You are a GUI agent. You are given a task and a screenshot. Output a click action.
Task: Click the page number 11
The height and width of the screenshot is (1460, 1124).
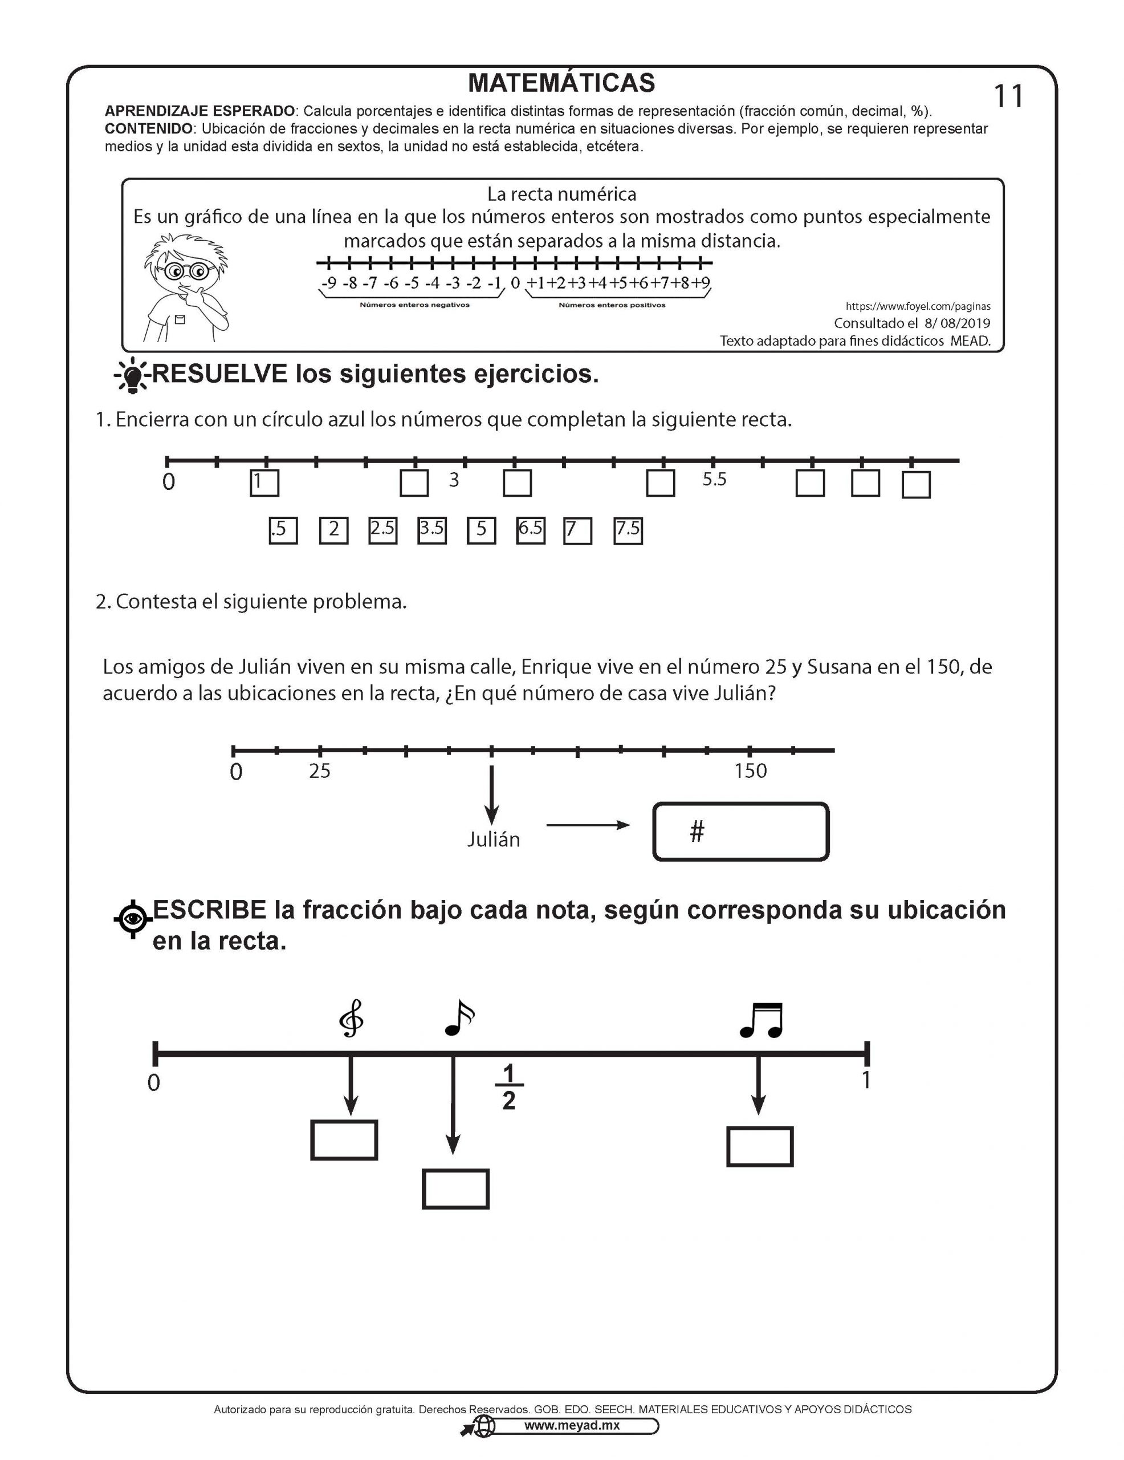pyautogui.click(x=1008, y=97)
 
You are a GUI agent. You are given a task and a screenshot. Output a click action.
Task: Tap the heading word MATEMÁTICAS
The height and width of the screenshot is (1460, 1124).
pyautogui.click(x=561, y=83)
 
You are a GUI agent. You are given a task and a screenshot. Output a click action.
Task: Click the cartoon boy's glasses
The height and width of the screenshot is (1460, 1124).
pyautogui.click(x=186, y=271)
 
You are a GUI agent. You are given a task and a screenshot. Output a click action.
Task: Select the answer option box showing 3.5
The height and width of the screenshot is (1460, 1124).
pyautogui.click(x=431, y=530)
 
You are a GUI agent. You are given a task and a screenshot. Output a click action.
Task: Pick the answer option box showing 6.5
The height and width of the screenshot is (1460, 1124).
pyautogui.click(x=531, y=530)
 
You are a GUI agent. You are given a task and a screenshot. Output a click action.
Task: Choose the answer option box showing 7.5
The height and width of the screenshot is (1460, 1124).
pyautogui.click(x=628, y=531)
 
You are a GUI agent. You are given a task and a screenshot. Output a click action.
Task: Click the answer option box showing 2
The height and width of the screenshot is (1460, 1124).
pyautogui.click(x=333, y=531)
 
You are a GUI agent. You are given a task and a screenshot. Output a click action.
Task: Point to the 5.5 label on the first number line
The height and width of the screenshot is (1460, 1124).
pyautogui.click(x=714, y=479)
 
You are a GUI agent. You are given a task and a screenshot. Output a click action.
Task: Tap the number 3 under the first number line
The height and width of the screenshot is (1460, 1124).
pyautogui.click(x=454, y=480)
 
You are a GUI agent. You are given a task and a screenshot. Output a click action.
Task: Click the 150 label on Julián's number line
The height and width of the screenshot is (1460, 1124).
pyautogui.click(x=751, y=771)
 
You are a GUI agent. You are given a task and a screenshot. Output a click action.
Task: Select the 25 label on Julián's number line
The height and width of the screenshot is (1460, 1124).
pyautogui.click(x=319, y=771)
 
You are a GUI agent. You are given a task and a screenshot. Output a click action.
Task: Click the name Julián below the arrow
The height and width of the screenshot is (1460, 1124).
pyautogui.click(x=493, y=839)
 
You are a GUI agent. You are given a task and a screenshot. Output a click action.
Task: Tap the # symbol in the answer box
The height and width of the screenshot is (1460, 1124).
pyautogui.click(x=697, y=832)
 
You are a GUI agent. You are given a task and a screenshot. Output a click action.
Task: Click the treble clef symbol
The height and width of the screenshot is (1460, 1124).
pyautogui.click(x=352, y=1018)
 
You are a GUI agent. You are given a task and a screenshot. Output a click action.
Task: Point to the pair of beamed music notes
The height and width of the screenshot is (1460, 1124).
pyautogui.click(x=761, y=1020)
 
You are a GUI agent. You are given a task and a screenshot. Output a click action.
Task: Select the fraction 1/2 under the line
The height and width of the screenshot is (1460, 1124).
pyautogui.click(x=508, y=1087)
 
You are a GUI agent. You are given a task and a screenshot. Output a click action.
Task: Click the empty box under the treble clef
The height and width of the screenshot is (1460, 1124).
pyautogui.click(x=344, y=1140)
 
